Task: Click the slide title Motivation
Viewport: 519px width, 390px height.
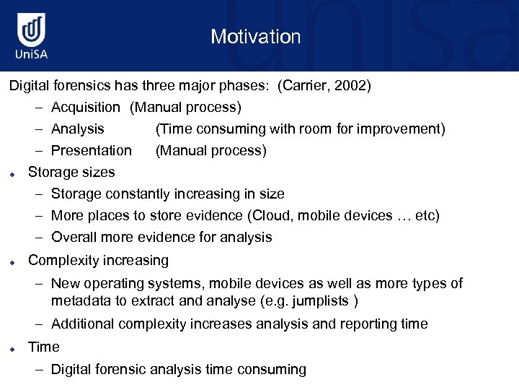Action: click(256, 37)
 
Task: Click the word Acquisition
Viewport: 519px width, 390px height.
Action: click(86, 108)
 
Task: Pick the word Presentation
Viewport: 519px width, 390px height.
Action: click(92, 151)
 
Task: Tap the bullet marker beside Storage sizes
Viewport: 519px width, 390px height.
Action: click(13, 173)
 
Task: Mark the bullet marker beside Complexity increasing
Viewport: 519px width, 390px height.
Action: click(13, 261)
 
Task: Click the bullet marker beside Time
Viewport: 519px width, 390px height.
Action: click(13, 348)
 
